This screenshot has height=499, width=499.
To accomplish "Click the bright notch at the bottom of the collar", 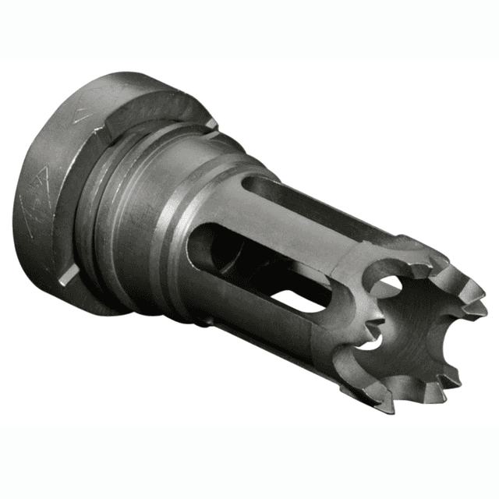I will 69,272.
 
